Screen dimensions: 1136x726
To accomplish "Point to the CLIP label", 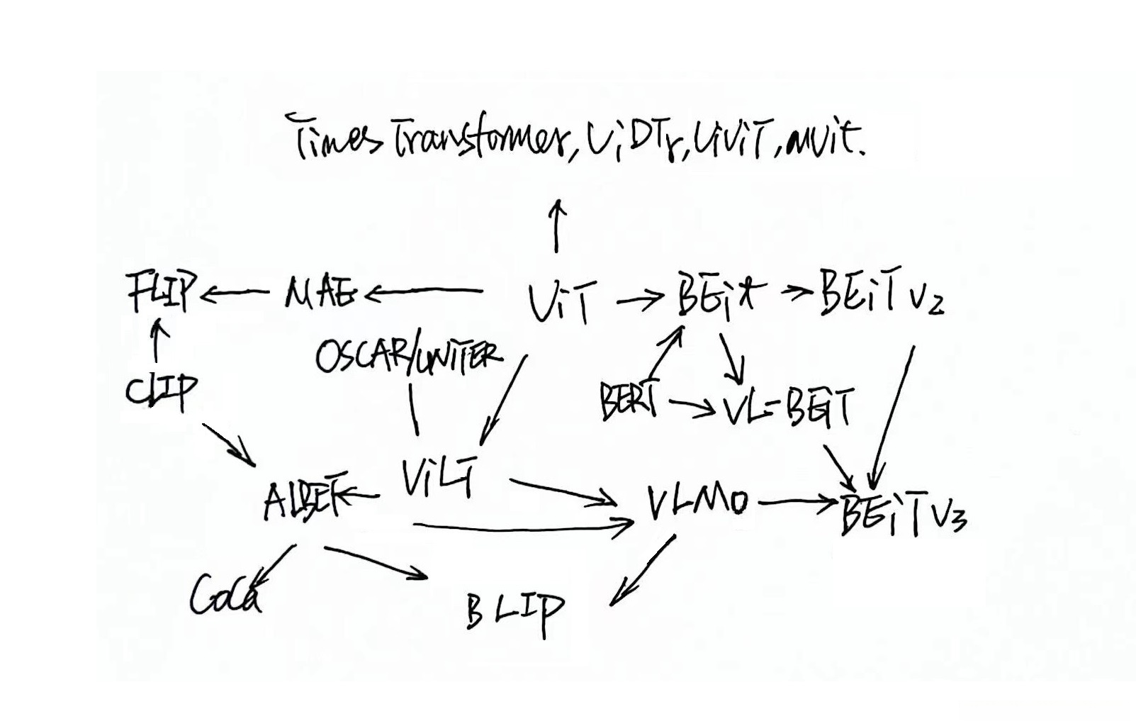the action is pos(162,391).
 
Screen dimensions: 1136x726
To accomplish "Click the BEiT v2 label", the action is pos(881,292).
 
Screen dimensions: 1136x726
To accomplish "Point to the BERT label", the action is pos(628,401).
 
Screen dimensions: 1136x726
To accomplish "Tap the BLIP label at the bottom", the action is pos(515,610).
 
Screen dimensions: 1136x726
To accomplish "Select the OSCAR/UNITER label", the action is pos(407,354).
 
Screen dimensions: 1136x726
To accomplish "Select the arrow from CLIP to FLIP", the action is pos(159,340).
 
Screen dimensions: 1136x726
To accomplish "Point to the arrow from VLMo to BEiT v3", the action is pos(797,504).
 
